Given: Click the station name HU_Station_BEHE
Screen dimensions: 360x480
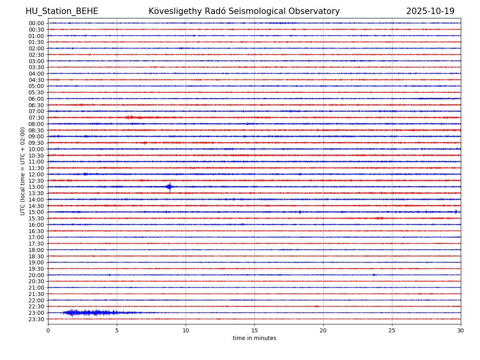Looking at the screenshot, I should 62,12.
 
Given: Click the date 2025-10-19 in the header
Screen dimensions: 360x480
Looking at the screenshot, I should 430,12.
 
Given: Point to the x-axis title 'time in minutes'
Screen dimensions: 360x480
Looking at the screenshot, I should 254,338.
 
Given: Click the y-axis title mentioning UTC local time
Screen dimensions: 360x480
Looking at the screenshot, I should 23,171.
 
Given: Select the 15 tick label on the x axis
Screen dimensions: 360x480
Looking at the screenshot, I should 254,331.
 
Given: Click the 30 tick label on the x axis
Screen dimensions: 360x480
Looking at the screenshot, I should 461,331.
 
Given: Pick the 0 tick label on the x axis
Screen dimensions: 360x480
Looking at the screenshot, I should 48,331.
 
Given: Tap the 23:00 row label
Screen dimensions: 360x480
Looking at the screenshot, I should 36,313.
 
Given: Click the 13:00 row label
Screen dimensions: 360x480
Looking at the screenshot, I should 36,187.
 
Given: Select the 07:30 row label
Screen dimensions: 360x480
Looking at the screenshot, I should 36,118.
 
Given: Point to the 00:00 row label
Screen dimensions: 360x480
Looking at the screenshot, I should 36,23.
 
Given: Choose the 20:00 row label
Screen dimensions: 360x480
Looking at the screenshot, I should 36,275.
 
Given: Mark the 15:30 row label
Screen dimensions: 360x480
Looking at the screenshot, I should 36,218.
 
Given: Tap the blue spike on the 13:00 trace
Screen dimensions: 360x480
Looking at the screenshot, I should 170,186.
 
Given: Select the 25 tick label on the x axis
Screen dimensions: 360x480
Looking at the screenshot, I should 392,331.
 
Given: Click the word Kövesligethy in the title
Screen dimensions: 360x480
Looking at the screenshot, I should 176,12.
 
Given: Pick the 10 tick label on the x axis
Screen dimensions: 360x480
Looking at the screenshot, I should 186,331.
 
